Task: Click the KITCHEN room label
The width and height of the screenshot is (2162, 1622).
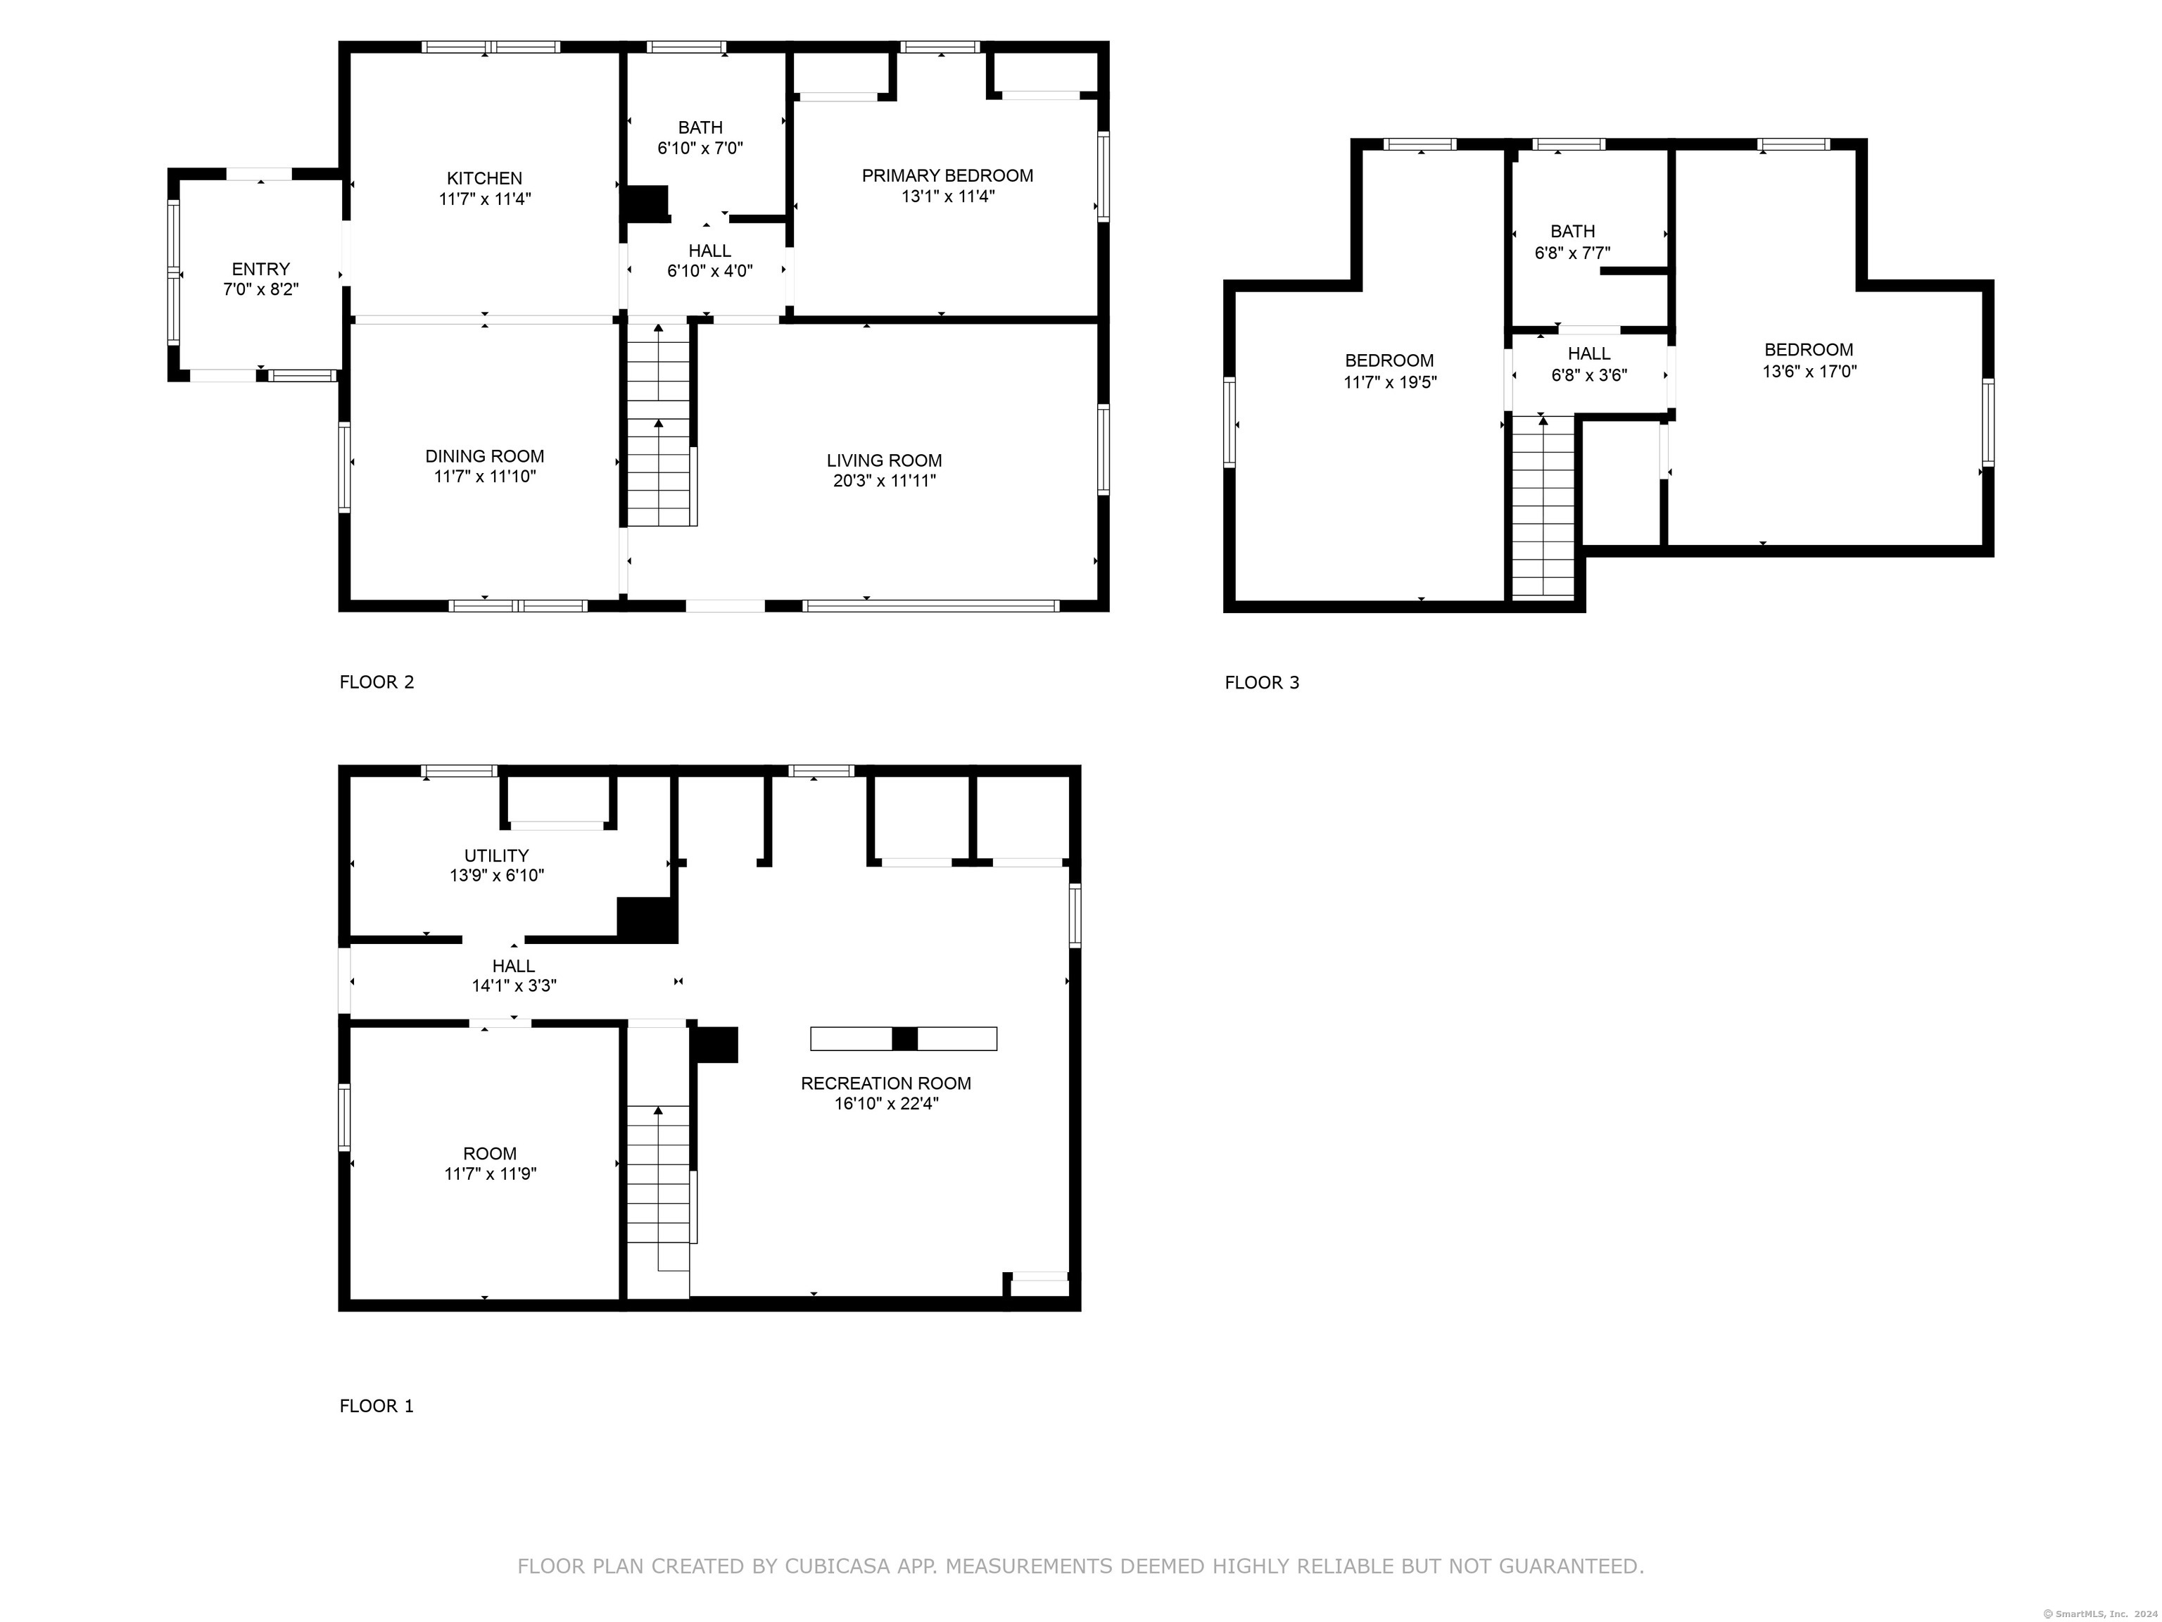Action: pyautogui.click(x=485, y=178)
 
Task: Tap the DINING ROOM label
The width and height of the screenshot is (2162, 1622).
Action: pyautogui.click(x=485, y=457)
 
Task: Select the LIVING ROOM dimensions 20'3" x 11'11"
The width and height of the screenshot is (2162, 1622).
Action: pyautogui.click(x=885, y=481)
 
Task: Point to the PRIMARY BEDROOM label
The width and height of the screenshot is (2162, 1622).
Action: pyautogui.click(x=947, y=176)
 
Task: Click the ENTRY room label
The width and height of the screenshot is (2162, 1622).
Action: pyautogui.click(x=261, y=269)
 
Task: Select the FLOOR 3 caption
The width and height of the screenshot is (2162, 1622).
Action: pyautogui.click(x=1262, y=682)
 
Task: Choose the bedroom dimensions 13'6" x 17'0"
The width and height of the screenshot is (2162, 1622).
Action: pyautogui.click(x=1809, y=372)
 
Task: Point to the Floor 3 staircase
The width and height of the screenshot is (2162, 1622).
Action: pyautogui.click(x=1543, y=506)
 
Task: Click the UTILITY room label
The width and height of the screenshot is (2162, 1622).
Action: pyautogui.click(x=497, y=855)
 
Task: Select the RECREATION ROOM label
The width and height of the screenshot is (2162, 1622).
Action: pyautogui.click(x=885, y=1083)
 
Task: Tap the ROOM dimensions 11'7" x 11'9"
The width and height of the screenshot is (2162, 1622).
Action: pyautogui.click(x=491, y=1174)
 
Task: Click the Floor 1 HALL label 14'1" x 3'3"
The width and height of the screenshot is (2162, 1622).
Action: pyautogui.click(x=514, y=976)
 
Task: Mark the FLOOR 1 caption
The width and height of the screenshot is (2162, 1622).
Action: pyautogui.click(x=377, y=1406)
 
